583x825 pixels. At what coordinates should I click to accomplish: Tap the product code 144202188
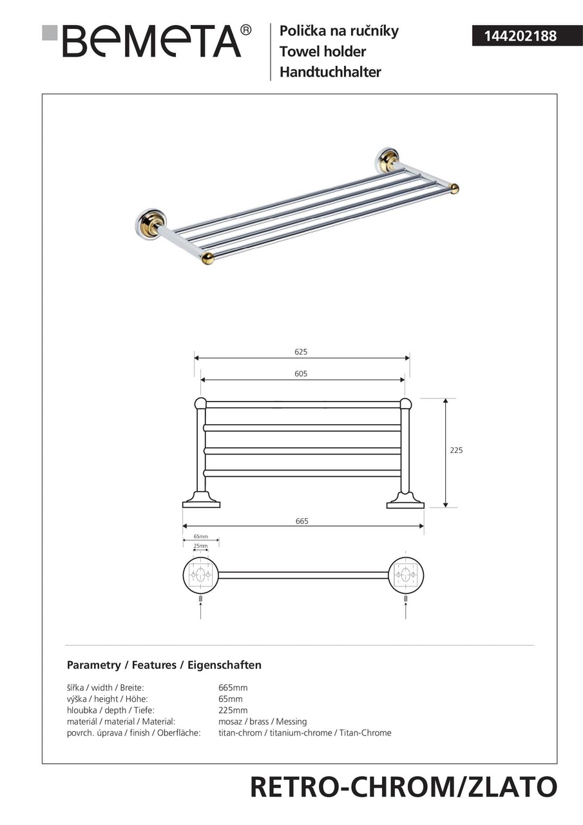point(514,36)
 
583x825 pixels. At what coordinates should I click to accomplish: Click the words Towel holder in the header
point(322,52)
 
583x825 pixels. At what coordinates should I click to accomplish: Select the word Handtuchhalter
point(330,72)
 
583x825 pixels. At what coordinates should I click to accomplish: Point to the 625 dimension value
point(301,352)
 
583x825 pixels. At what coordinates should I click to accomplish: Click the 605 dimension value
point(301,374)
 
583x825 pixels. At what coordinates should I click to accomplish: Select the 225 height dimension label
point(456,451)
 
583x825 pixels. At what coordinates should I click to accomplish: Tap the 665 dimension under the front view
point(302,521)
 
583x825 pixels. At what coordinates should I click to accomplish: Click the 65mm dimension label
point(200,536)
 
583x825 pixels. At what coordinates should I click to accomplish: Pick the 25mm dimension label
point(200,546)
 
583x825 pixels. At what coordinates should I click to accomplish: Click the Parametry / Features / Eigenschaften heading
point(164,665)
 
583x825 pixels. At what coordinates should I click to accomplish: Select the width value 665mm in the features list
point(233,688)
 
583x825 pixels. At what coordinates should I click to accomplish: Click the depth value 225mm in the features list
point(233,710)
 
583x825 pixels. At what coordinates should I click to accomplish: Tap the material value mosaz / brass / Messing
point(262,722)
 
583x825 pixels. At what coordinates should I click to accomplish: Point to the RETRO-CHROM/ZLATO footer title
point(403,788)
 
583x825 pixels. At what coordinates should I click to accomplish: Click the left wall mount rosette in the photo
point(149,224)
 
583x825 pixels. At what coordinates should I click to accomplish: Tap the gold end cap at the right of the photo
point(454,188)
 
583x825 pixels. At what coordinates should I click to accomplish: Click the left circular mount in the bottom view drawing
point(200,575)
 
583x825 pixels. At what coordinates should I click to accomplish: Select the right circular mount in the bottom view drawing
point(406,575)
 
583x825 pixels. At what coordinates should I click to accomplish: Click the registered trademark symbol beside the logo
point(246,30)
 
